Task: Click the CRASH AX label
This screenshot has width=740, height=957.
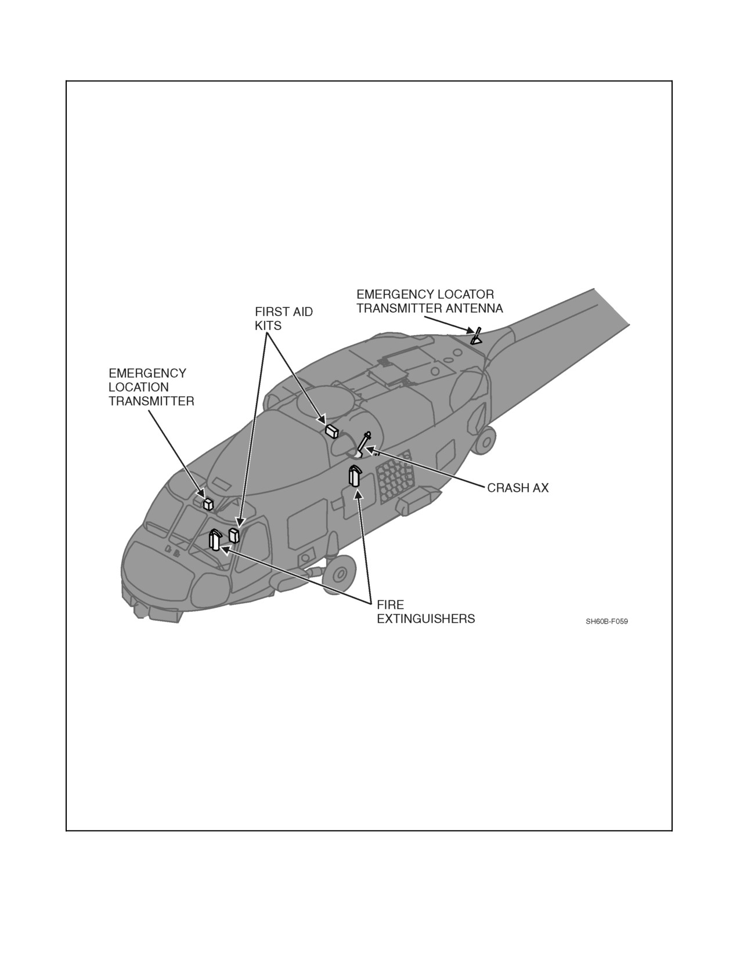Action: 518,488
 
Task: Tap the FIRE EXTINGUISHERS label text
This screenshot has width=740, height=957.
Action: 426,612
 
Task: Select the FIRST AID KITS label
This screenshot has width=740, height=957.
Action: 284,318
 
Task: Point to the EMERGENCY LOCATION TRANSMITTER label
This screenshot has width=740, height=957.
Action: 151,387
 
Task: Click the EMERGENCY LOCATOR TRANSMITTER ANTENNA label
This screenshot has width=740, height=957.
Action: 429,301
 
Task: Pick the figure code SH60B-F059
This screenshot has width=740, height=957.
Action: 607,621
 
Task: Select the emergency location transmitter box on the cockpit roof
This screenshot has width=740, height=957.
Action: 208,504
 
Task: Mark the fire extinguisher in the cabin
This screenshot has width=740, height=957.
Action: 355,476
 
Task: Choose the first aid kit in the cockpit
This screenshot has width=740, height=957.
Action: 233,535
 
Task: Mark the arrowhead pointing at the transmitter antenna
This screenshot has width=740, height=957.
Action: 470,330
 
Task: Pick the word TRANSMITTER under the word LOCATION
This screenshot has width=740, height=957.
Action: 151,401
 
